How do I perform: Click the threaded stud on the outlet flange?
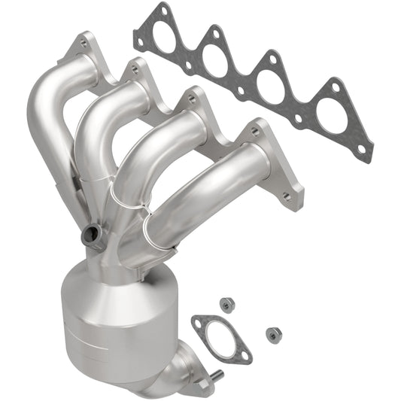point(216,375)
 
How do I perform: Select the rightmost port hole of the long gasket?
point(331,114)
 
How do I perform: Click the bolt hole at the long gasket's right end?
point(361,149)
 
